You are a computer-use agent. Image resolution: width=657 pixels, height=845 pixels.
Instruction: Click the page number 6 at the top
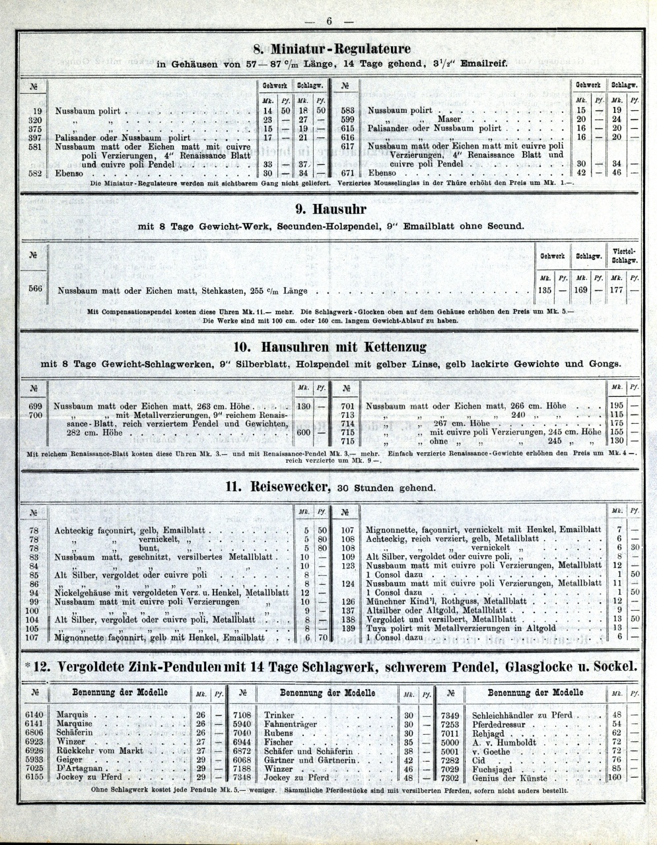tap(329, 20)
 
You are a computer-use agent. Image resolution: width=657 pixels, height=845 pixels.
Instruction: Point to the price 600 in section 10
tap(304, 433)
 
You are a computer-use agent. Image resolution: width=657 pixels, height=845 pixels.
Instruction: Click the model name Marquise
tap(75, 724)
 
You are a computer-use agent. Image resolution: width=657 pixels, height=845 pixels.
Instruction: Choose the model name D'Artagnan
tap(79, 768)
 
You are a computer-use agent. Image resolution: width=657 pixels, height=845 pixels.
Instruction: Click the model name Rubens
tap(279, 733)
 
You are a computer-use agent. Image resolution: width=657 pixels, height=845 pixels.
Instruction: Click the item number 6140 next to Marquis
tap(34, 715)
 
